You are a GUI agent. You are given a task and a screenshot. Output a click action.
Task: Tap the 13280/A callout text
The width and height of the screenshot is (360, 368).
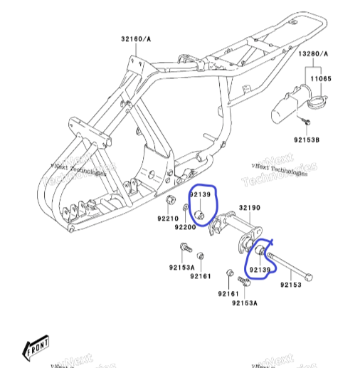(x=313, y=53)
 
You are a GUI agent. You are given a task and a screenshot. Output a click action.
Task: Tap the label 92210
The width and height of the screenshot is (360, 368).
(x=169, y=219)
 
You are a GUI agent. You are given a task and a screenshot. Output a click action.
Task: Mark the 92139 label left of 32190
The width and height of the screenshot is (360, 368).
(x=200, y=194)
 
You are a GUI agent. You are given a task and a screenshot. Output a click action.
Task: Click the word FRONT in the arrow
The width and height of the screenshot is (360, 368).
(x=37, y=347)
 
